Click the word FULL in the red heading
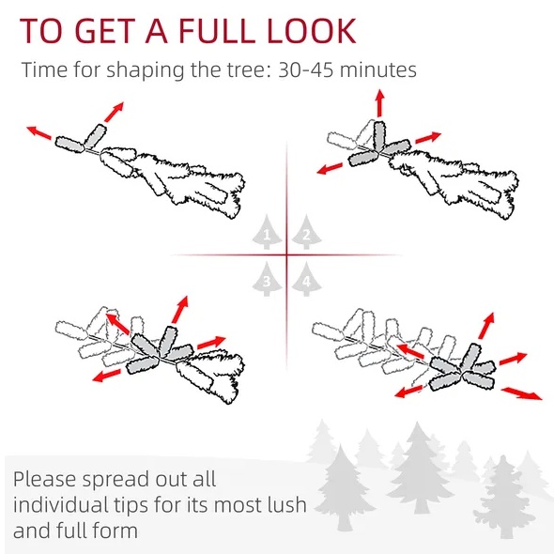[217, 31]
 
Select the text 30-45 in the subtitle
[306, 69]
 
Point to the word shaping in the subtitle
[145, 70]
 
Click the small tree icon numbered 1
[267, 232]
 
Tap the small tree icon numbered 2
[306, 232]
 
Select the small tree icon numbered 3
[267, 279]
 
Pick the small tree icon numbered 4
[306, 279]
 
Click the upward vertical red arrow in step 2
[379, 102]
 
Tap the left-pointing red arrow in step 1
[38, 132]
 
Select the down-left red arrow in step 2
[330, 168]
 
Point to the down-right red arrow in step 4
[521, 393]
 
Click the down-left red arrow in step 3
[106, 376]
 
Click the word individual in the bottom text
[60, 504]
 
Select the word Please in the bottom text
[44, 480]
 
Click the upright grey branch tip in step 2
[379, 135]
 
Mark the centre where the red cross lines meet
[286, 254]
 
